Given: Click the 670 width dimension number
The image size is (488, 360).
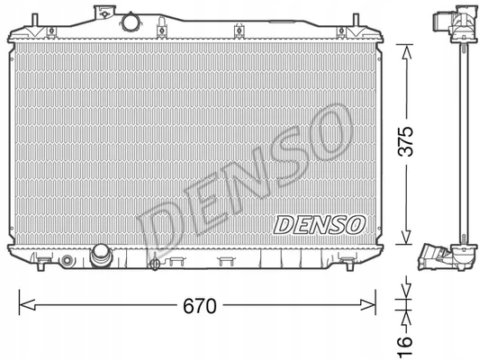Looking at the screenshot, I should (x=199, y=307).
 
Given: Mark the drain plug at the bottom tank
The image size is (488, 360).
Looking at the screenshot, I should (x=154, y=265).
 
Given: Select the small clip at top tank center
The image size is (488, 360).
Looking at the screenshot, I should (x=237, y=33).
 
